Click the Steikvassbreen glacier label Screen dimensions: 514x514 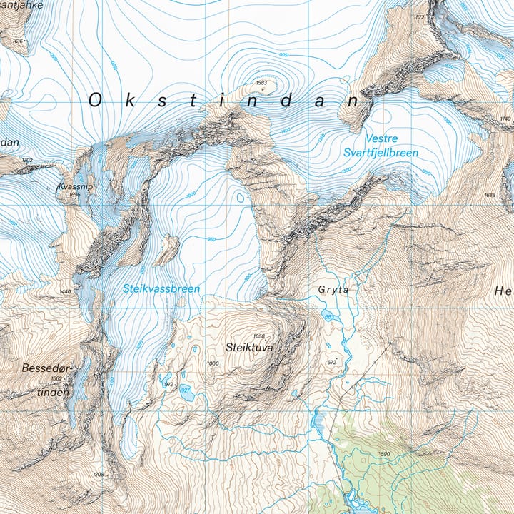tap(161, 289)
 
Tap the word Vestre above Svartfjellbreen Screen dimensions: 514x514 tap(381, 138)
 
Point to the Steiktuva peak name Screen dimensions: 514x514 tap(249, 348)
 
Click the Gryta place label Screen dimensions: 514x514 tap(333, 291)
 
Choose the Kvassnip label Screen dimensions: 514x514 tap(75, 186)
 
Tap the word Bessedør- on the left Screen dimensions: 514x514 tap(45, 369)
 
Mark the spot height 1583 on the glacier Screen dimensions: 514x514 tap(261, 84)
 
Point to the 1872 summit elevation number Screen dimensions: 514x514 tap(419, 17)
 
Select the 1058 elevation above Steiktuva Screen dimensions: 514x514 tap(258, 337)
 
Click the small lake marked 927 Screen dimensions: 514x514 tap(185, 390)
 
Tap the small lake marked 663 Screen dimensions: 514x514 tap(328, 317)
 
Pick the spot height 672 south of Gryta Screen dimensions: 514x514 tap(331, 363)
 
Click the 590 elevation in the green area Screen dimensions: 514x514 tap(385, 454)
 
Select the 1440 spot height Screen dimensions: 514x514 tap(66, 291)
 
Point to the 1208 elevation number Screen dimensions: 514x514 tap(99, 475)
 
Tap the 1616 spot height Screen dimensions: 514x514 tap(18, 41)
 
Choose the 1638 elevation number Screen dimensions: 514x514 tap(489, 195)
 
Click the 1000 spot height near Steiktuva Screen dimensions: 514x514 tap(213, 364)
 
